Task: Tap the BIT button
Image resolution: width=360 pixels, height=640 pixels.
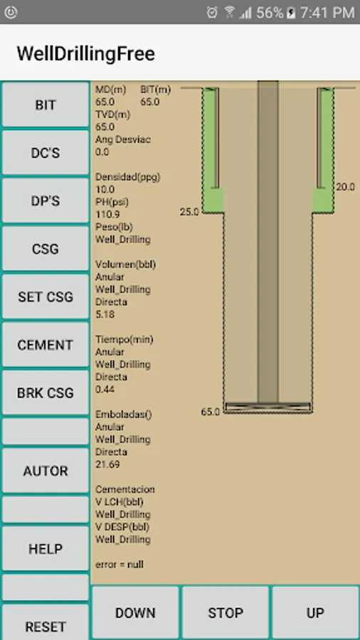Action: pos(46,105)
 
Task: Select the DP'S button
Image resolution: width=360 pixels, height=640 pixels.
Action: pos(46,201)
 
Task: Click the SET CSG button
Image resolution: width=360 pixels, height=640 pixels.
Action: pos(46,297)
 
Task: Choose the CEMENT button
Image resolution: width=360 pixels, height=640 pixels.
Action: pos(46,345)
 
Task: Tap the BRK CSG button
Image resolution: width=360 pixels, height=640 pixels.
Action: pos(46,393)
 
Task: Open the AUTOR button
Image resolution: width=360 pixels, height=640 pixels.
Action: pos(46,471)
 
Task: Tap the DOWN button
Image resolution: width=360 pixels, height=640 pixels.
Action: pos(135,613)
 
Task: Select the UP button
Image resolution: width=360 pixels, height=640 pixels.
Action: pos(315,613)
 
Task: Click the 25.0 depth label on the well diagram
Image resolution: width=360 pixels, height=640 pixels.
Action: pos(189,212)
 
